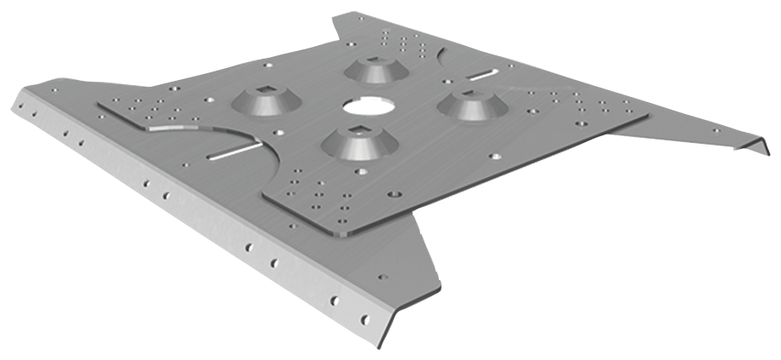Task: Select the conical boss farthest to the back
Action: [x=374, y=70]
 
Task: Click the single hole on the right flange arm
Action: [x=715, y=130]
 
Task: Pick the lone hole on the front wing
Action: [x=382, y=277]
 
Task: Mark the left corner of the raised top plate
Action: [x=99, y=106]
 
